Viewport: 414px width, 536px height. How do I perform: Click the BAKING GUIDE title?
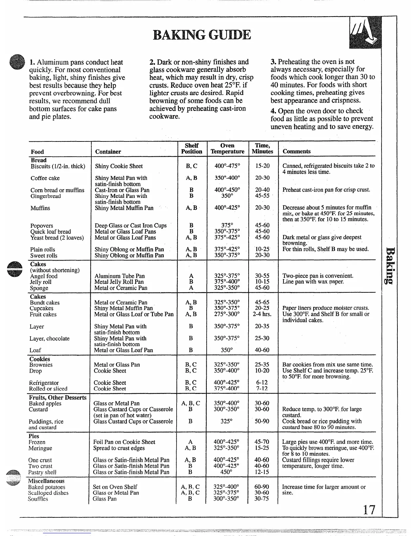(202, 35)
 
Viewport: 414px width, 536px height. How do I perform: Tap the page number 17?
(369, 510)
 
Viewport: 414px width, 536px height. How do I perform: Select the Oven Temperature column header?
(227, 149)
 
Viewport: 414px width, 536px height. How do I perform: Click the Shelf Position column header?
(191, 149)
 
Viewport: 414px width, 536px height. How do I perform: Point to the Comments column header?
(296, 152)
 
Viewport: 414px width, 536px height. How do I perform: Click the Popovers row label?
(42, 226)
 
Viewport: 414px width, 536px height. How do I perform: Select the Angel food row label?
(44, 276)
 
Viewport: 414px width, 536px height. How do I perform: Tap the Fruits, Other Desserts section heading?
(57, 398)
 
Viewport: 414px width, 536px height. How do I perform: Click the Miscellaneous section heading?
(46, 481)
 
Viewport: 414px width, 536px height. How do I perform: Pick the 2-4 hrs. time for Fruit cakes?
(262, 314)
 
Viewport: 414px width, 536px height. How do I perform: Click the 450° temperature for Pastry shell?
(226, 472)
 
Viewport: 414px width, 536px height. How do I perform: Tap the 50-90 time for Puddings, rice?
(262, 422)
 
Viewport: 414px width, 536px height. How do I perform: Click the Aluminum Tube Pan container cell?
(119, 276)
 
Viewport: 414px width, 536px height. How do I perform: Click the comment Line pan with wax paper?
(313, 282)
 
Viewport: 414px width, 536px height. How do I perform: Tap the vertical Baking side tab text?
(390, 266)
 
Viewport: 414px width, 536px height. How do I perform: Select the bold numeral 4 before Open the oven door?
(273, 111)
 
